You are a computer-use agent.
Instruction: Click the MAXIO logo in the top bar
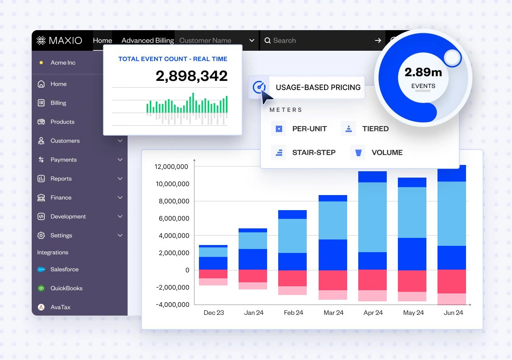click(x=59, y=40)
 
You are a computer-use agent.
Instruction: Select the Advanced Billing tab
click(x=147, y=40)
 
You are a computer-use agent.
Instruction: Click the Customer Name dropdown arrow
click(x=252, y=40)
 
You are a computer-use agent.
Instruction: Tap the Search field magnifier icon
click(x=267, y=40)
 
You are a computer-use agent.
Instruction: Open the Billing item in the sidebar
click(x=58, y=103)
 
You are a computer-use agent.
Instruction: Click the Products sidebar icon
click(x=41, y=122)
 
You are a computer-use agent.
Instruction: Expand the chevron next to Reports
click(x=120, y=179)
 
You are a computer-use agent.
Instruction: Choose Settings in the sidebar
click(x=61, y=236)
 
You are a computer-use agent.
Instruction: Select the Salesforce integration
click(x=64, y=270)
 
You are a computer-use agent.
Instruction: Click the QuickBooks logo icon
click(x=41, y=288)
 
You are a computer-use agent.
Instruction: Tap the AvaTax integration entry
click(x=60, y=307)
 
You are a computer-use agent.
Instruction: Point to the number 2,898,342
click(x=191, y=76)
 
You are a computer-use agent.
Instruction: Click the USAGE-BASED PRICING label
click(x=318, y=88)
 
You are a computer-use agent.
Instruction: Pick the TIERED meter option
click(x=375, y=129)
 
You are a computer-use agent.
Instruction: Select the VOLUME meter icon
click(x=358, y=153)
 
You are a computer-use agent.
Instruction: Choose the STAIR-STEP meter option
click(x=313, y=153)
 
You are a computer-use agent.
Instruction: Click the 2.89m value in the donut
click(x=423, y=73)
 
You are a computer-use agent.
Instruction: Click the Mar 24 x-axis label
click(x=333, y=313)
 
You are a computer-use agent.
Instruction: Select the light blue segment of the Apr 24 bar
click(x=372, y=217)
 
